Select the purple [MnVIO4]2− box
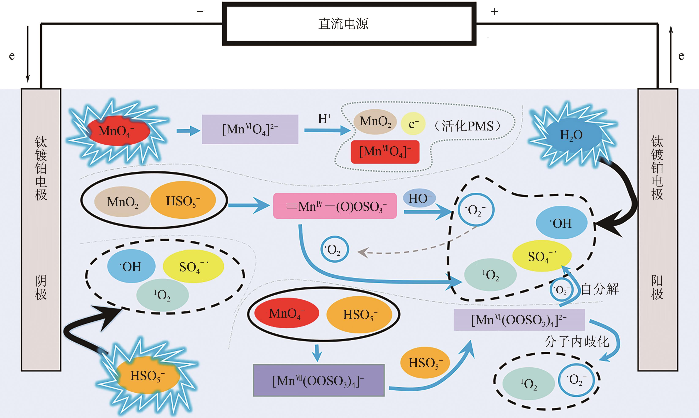(250, 129)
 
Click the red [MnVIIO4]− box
(385, 152)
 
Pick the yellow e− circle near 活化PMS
(413, 124)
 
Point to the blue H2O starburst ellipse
(571, 135)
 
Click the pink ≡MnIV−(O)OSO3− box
(335, 206)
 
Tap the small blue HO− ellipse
(419, 198)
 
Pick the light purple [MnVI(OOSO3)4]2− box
(519, 320)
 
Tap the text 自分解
(600, 289)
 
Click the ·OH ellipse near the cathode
(131, 266)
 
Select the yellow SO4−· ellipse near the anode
(542, 256)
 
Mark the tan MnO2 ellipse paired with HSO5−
(122, 202)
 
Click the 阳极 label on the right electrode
(657, 287)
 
